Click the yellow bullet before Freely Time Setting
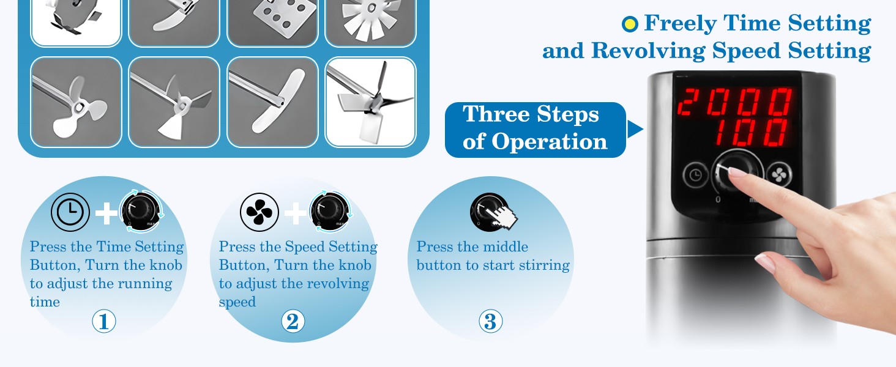click(630, 24)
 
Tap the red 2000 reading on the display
click(734, 102)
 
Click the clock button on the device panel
click(696, 175)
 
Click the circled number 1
click(104, 321)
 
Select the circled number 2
click(293, 321)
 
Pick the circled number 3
click(490, 321)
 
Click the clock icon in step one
click(70, 212)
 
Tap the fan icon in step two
click(259, 212)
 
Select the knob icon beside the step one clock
click(141, 212)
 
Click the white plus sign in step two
click(295, 213)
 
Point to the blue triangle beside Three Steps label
click(635, 129)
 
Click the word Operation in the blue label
click(549, 142)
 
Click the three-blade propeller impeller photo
click(76, 102)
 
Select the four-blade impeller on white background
click(370, 102)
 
